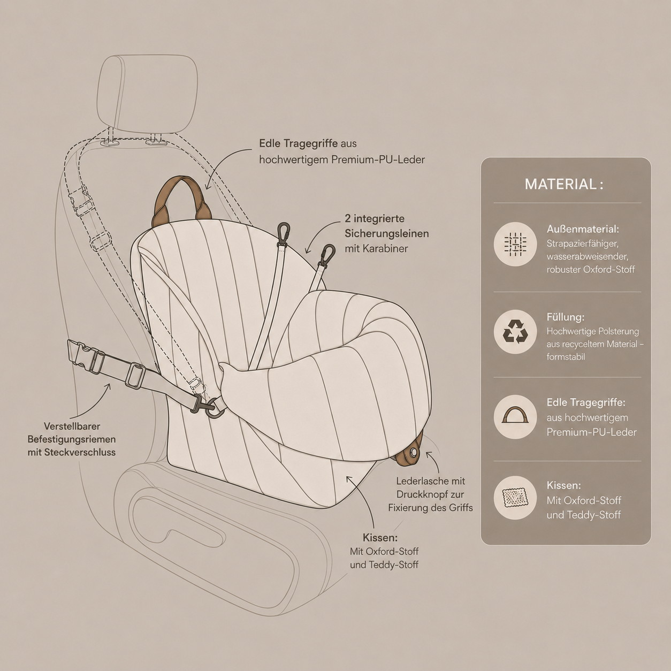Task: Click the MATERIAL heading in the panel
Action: pyautogui.click(x=564, y=184)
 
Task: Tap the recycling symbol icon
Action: pyautogui.click(x=515, y=332)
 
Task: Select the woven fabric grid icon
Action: pyautogui.click(x=515, y=244)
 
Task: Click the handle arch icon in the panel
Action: pyautogui.click(x=515, y=415)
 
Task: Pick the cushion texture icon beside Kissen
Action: pyautogui.click(x=515, y=498)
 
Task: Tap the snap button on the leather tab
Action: pyautogui.click(x=413, y=452)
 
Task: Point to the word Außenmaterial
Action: pyautogui.click(x=583, y=229)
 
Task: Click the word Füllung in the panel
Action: pyautogui.click(x=565, y=317)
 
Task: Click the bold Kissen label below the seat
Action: pyautogui.click(x=380, y=538)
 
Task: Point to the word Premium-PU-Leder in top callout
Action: pyautogui.click(x=378, y=160)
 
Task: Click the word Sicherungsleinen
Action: pyautogui.click(x=386, y=233)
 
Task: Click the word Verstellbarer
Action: pyautogui.click(x=72, y=426)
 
